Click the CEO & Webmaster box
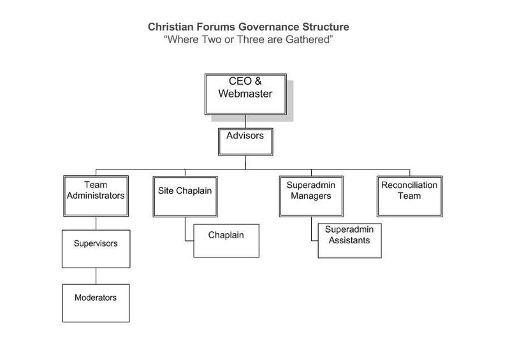point(245,94)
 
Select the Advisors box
point(245,142)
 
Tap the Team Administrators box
point(96,196)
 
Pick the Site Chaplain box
point(185,196)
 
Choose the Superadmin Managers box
point(311,196)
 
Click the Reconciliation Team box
point(410,196)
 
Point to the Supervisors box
point(96,249)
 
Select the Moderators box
point(96,303)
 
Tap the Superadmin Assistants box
point(349,241)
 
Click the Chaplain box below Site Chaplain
point(226,241)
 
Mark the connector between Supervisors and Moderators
point(96,276)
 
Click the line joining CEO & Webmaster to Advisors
point(245,122)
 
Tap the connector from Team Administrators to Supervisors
point(96,224)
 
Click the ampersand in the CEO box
point(258,81)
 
